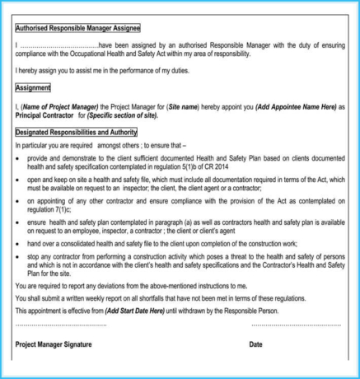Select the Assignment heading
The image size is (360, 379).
tap(33, 87)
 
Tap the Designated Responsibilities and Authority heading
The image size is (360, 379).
tap(76, 132)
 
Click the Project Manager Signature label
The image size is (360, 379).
tap(54, 344)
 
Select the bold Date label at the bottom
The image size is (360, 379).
tap(256, 344)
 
